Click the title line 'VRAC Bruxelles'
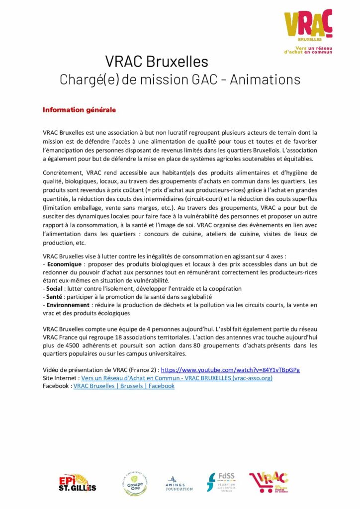point(156,62)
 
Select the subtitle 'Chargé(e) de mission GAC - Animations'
point(180,80)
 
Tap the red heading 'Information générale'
point(79,110)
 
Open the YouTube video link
point(230,370)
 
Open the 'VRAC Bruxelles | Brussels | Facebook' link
point(124,386)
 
